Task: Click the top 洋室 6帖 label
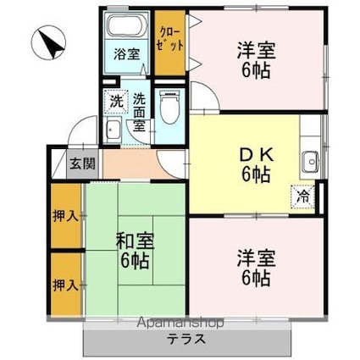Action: pos(253,59)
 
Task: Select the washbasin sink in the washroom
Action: pos(114,130)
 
